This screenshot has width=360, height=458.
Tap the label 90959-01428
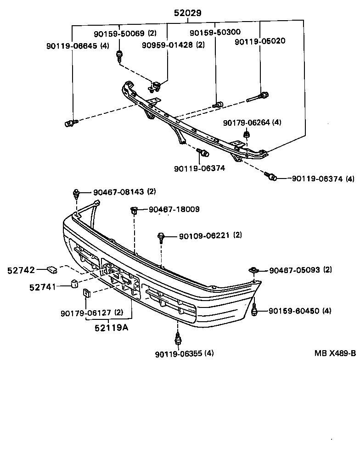[x=168, y=45]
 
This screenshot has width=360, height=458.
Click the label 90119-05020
[x=260, y=41]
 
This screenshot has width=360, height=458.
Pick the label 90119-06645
[x=72, y=45]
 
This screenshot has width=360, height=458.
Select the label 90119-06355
[x=178, y=353]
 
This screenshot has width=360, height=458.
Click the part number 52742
[x=21, y=270]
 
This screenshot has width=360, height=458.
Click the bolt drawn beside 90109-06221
[x=162, y=237]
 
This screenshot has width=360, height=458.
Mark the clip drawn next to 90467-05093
[x=253, y=270]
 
